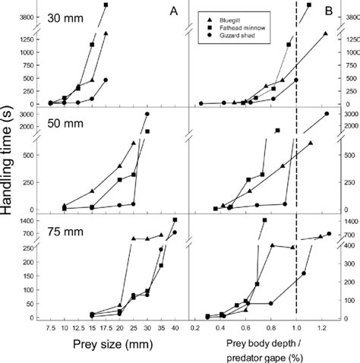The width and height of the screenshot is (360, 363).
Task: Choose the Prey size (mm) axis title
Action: point(112,349)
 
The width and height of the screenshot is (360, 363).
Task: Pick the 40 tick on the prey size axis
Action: point(175,329)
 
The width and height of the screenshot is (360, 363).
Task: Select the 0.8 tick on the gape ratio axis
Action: point(270,329)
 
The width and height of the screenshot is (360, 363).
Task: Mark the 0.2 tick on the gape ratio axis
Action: point(195,329)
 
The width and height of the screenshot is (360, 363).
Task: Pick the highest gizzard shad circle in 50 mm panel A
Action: point(147,114)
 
